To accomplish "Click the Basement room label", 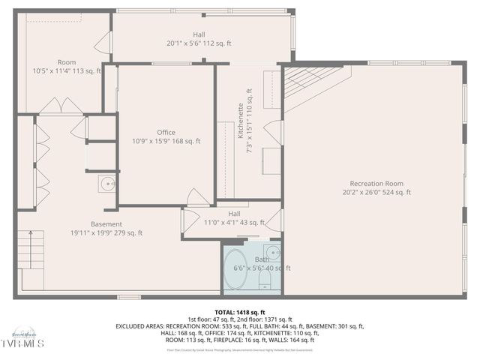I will (x=106, y=223).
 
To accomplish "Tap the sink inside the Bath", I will (x=272, y=252).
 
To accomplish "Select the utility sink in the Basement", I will (x=107, y=183).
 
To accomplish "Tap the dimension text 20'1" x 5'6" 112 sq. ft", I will (x=199, y=43).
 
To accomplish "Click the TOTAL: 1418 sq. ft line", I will (x=240, y=312).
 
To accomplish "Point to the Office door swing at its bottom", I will (x=198, y=198).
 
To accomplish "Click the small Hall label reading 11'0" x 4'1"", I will (x=234, y=223).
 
